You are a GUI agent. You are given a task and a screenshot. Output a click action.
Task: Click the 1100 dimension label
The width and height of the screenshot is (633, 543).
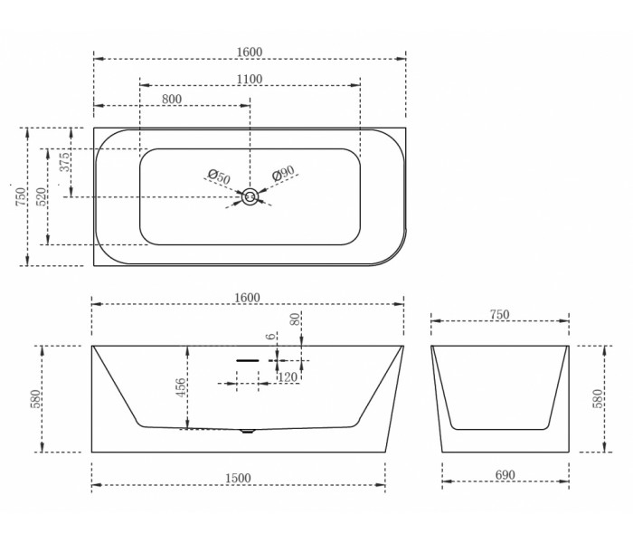(x=250, y=79)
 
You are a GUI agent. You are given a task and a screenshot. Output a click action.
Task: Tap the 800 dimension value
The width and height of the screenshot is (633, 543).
(x=172, y=99)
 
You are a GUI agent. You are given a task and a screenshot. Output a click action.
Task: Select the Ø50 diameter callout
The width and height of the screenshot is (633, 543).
(x=219, y=176)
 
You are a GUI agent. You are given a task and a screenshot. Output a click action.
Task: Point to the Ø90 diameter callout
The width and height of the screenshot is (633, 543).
(x=283, y=174)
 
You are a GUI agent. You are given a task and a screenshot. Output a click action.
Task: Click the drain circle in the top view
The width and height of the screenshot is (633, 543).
(x=250, y=197)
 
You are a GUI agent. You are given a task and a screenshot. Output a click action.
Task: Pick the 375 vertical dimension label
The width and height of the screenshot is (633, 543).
(x=64, y=162)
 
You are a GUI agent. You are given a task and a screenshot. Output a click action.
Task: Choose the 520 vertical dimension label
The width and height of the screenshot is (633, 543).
(x=42, y=196)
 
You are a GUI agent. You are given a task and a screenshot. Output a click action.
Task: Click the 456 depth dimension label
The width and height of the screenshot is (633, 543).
(x=181, y=387)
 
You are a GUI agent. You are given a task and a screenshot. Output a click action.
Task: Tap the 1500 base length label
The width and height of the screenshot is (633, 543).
(x=238, y=479)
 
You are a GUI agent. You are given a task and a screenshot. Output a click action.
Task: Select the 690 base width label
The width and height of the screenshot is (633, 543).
(x=505, y=475)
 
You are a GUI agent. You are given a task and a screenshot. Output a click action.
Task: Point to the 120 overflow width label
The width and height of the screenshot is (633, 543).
(x=288, y=377)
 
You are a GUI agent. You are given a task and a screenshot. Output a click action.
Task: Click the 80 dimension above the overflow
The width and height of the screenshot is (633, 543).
(x=295, y=319)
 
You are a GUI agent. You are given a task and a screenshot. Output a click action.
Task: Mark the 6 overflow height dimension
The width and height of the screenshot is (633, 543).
(x=271, y=336)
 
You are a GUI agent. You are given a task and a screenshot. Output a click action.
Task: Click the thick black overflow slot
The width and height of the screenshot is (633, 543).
(x=248, y=360)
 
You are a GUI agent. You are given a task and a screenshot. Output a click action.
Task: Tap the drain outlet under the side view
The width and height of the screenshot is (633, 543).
(x=248, y=431)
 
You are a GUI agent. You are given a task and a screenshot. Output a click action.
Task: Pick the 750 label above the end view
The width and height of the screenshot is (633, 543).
(x=500, y=314)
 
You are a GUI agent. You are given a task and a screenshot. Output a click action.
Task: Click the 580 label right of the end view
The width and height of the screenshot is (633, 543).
(x=598, y=398)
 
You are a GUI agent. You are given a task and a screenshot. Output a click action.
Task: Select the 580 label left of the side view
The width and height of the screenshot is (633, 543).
(x=35, y=399)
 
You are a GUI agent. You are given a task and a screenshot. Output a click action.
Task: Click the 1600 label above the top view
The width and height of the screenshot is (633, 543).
(x=250, y=52)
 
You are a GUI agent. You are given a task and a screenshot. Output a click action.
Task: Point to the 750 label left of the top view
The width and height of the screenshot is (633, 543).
(x=21, y=196)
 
